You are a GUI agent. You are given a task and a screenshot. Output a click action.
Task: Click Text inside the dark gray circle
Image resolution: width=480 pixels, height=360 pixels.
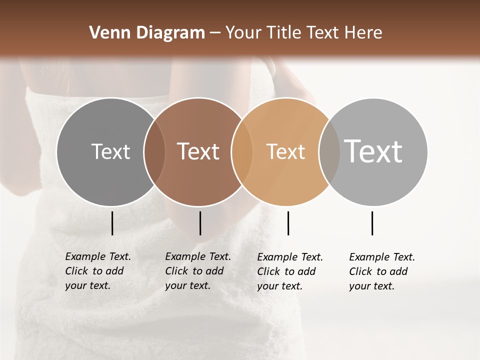110,151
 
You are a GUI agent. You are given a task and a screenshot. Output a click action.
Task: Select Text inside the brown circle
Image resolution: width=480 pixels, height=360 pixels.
198,151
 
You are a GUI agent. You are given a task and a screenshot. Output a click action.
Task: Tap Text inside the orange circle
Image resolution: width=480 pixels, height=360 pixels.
285,151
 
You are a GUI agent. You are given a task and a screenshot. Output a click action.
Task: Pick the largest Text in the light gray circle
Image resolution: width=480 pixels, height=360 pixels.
373,151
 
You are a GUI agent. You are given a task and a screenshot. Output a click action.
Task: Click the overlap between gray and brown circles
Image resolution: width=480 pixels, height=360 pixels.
154,151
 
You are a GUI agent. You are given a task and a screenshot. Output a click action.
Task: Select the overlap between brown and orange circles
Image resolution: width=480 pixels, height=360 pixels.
241,151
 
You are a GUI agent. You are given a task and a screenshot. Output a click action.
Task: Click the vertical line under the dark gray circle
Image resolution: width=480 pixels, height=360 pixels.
112,223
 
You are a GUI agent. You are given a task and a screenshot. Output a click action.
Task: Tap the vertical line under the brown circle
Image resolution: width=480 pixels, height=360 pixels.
200,223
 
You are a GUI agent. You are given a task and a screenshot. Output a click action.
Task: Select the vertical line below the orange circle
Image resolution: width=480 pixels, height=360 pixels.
288,223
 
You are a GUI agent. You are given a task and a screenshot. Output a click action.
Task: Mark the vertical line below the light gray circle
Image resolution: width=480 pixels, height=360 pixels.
372,223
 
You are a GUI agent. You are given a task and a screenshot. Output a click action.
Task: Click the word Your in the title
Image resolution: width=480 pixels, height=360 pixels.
244,33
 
